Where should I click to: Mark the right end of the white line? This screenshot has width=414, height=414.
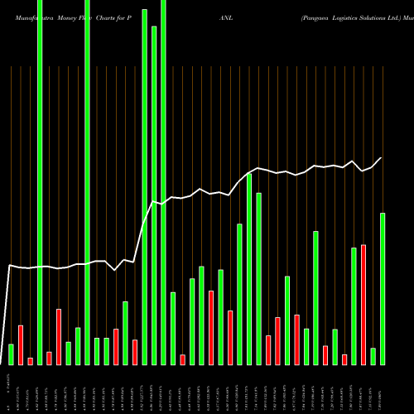(382, 158)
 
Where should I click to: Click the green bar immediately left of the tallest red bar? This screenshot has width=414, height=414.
(354, 306)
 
